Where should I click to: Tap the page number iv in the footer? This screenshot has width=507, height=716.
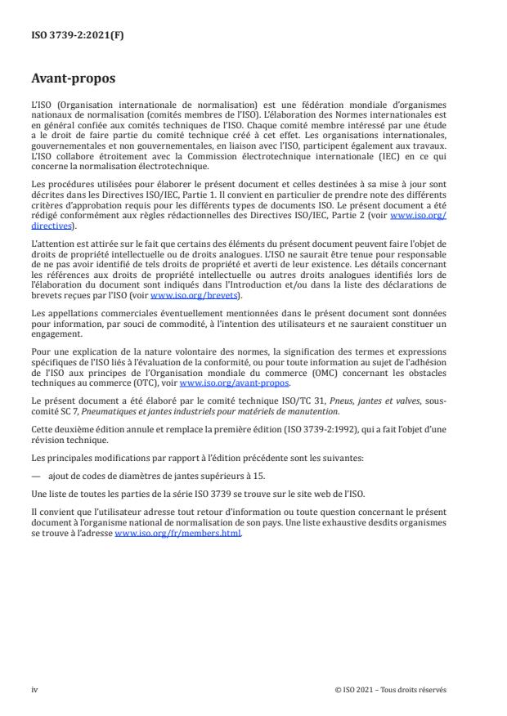tap(34, 689)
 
